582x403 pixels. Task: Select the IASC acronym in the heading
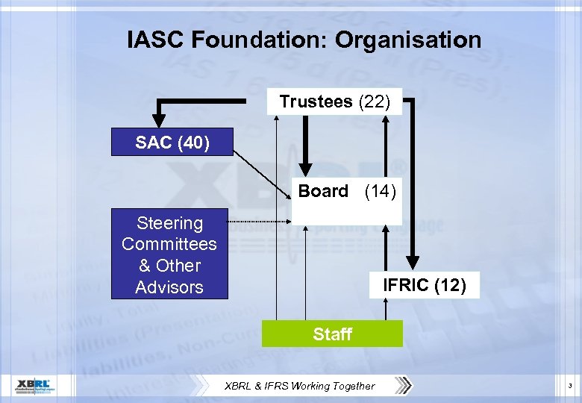[x=156, y=40]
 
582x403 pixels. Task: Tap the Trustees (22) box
[x=334, y=101]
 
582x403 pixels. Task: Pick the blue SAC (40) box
[x=172, y=142]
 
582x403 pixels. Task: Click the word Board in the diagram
[x=323, y=191]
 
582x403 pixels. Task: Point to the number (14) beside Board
[x=381, y=191]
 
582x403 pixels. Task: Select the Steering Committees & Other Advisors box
[x=169, y=254]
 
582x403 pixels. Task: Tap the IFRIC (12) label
[x=424, y=284]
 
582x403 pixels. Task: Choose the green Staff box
[x=332, y=334]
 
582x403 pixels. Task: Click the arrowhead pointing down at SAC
[x=158, y=119]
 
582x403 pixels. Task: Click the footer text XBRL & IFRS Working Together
[x=301, y=386]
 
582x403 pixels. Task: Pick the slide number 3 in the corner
[x=569, y=386]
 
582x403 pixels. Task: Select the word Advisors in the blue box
[x=169, y=287]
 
